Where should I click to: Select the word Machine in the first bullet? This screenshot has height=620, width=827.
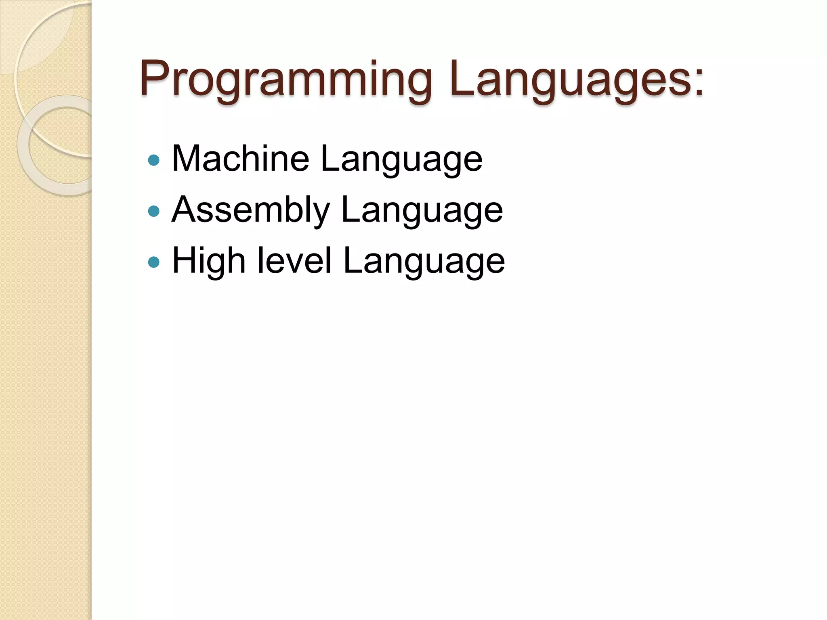[x=241, y=158]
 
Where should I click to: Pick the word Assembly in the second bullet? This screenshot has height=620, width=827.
[x=250, y=210]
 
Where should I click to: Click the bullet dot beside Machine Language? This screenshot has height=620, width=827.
[x=154, y=161]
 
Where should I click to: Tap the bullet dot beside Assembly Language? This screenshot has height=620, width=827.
[x=154, y=211]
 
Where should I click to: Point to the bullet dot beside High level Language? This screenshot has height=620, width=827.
[x=154, y=262]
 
